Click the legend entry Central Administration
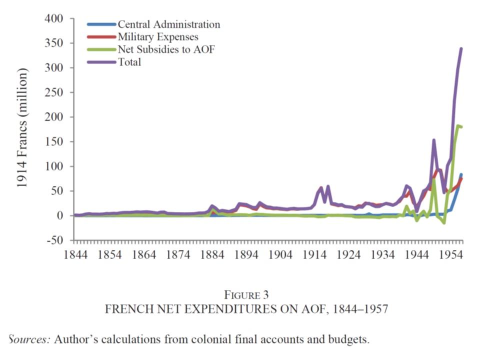point(168,24)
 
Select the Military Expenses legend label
point(158,36)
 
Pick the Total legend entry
point(129,62)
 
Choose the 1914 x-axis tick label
point(314,253)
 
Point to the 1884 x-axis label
point(212,253)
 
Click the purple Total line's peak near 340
point(461,48)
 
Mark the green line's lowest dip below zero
point(443,222)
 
